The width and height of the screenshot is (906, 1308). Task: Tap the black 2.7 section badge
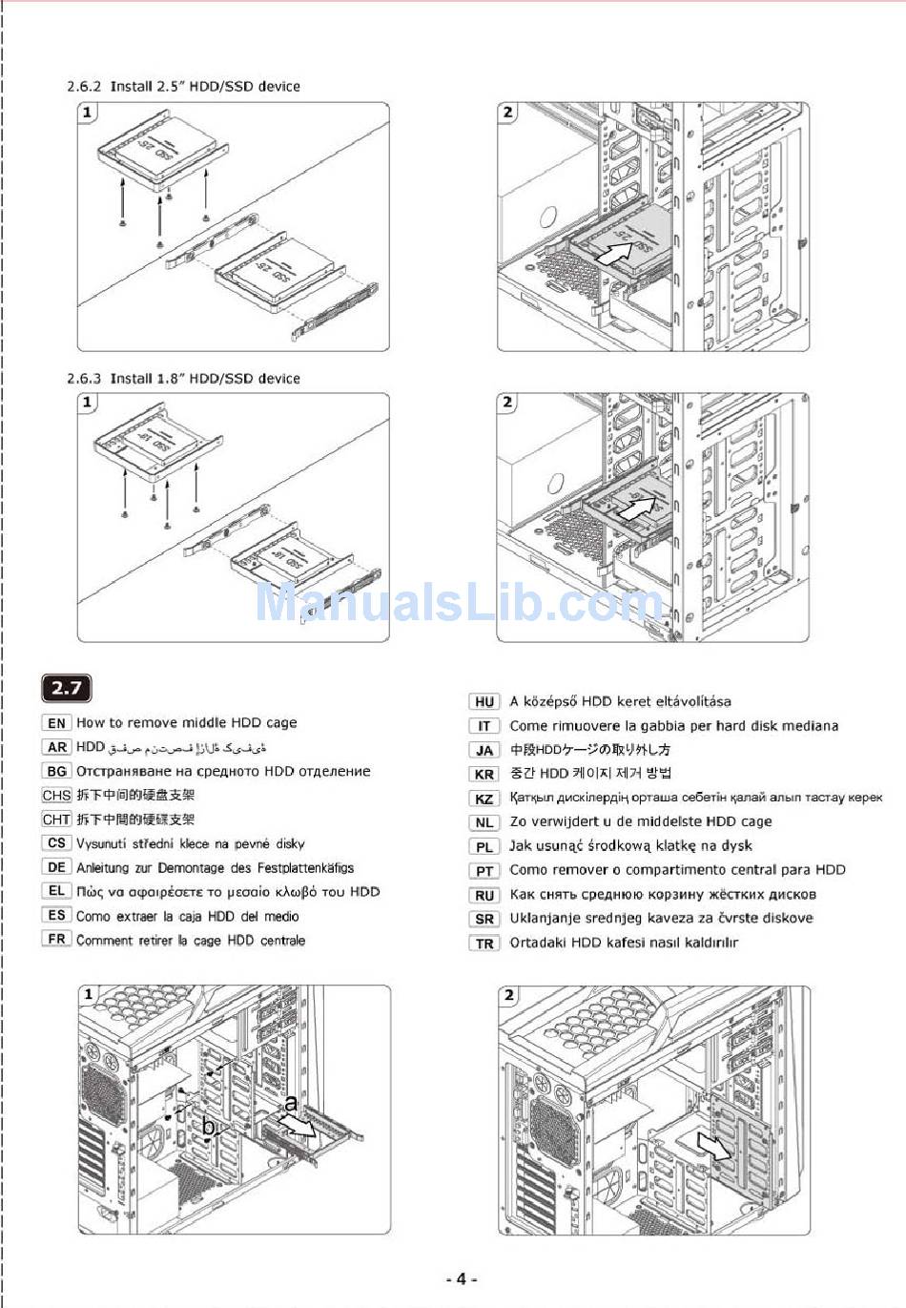(66, 687)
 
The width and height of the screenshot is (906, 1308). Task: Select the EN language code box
(56, 723)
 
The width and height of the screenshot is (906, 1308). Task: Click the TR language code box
(484, 944)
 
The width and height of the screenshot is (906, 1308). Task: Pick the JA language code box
(484, 750)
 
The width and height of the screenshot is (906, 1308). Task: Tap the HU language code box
(484, 701)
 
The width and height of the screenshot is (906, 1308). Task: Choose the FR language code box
(56, 940)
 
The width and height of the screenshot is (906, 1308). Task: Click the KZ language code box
(484, 799)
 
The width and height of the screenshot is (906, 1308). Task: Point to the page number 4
(461, 1279)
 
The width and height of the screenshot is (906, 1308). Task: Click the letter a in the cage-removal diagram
(291, 1104)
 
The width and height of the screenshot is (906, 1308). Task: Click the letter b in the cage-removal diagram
(208, 1127)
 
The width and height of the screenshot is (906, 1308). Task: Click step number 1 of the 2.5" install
(88, 113)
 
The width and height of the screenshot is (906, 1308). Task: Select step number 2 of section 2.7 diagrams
(508, 995)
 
